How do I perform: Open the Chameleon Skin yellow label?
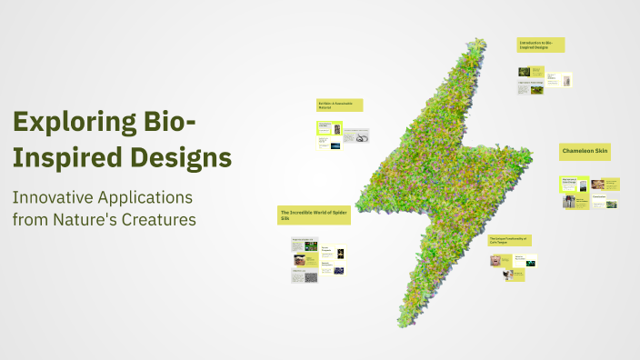tap(585, 152)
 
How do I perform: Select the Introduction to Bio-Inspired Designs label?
tap(541, 45)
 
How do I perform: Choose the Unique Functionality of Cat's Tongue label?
tap(509, 240)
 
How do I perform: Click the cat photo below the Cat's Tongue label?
tap(496, 261)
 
